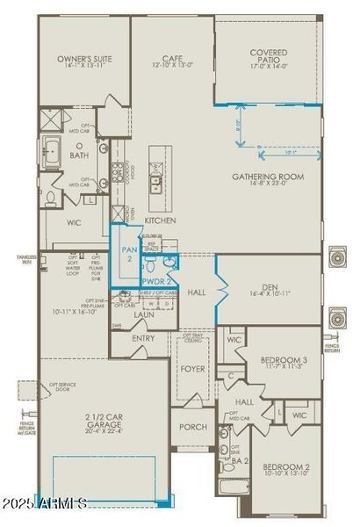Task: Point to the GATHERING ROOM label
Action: [267, 177]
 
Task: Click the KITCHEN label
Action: [161, 220]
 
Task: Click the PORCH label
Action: [193, 427]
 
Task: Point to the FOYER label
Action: [192, 369]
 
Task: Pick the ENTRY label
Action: [143, 337]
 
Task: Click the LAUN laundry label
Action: [144, 314]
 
